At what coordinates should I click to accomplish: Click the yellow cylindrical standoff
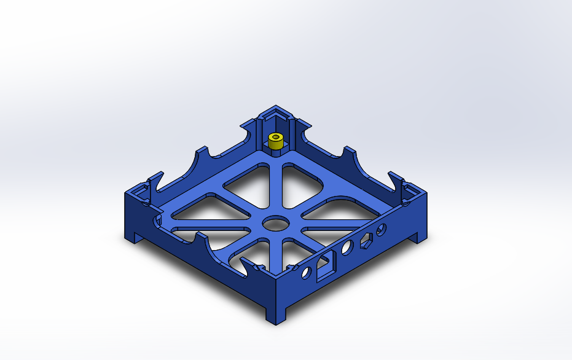coord(276,143)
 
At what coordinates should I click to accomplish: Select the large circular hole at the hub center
coord(274,223)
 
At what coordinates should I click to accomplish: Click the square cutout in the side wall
coord(324,265)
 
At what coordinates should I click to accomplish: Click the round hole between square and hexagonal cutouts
coord(347,249)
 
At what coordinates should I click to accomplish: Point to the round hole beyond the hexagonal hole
coord(382,230)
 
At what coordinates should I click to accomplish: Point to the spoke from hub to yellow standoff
coord(274,184)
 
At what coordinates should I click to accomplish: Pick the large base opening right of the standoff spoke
coord(311,180)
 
